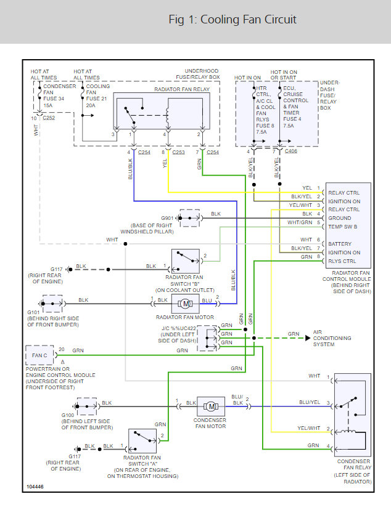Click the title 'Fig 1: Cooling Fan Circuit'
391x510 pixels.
232,20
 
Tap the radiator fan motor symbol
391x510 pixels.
184,302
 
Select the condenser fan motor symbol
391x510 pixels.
211,406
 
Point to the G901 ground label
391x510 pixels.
167,218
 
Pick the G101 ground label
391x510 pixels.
33,312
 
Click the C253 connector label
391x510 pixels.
178,152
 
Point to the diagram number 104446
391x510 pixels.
35,488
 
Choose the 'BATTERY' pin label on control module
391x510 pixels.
341,243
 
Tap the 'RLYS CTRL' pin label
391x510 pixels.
342,261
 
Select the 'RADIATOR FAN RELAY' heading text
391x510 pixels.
182,90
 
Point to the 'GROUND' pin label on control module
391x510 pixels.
340,217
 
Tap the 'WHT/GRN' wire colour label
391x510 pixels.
300,222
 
